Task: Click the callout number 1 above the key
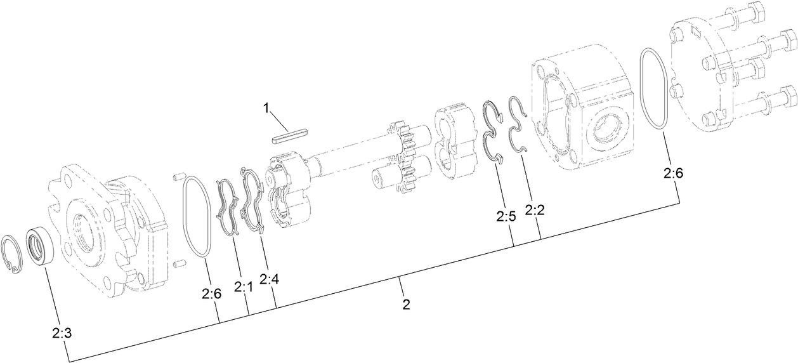tap(267, 108)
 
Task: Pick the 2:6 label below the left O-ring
tap(211, 293)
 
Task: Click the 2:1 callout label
tap(243, 287)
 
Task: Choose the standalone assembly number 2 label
tap(406, 305)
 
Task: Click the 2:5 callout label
tap(506, 216)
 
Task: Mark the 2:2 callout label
tap(535, 209)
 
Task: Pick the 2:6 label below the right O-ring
tap(673, 172)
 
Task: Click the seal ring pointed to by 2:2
tap(519, 124)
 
